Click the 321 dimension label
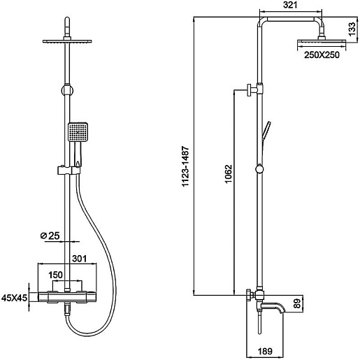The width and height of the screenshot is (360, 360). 290,5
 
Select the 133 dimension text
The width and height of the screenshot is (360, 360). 352,29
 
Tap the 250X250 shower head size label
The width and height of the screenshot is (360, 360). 322,55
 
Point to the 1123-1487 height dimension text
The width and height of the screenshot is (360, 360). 186,166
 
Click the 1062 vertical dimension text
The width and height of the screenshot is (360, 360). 229,174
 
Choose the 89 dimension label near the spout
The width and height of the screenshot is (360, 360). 298,304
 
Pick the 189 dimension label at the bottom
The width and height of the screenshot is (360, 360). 266,351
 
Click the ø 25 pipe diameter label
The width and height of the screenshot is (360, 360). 50,236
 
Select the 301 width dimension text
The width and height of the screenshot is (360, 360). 79,259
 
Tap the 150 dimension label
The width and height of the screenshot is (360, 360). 55,275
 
